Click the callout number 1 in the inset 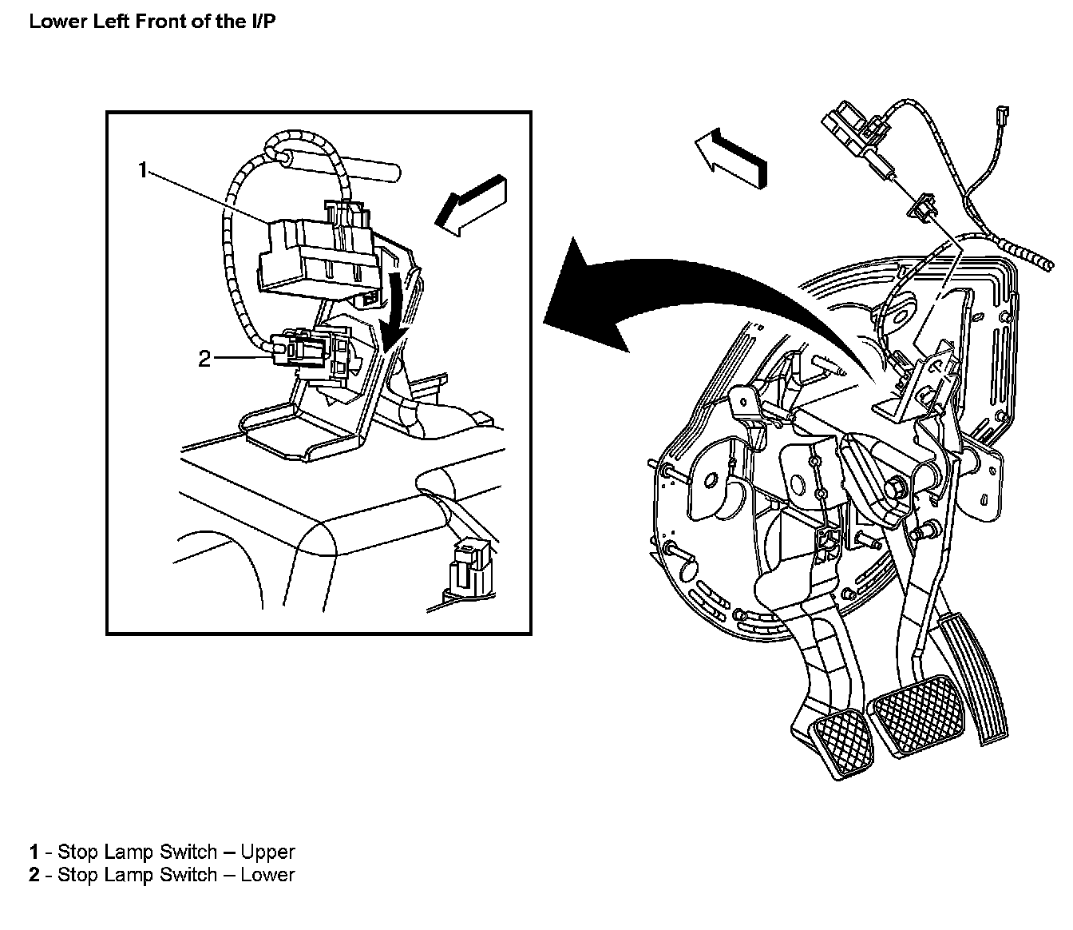coord(143,170)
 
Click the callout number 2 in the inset coord(205,360)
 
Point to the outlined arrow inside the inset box coord(469,206)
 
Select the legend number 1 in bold coord(34,852)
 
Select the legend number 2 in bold coord(34,875)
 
